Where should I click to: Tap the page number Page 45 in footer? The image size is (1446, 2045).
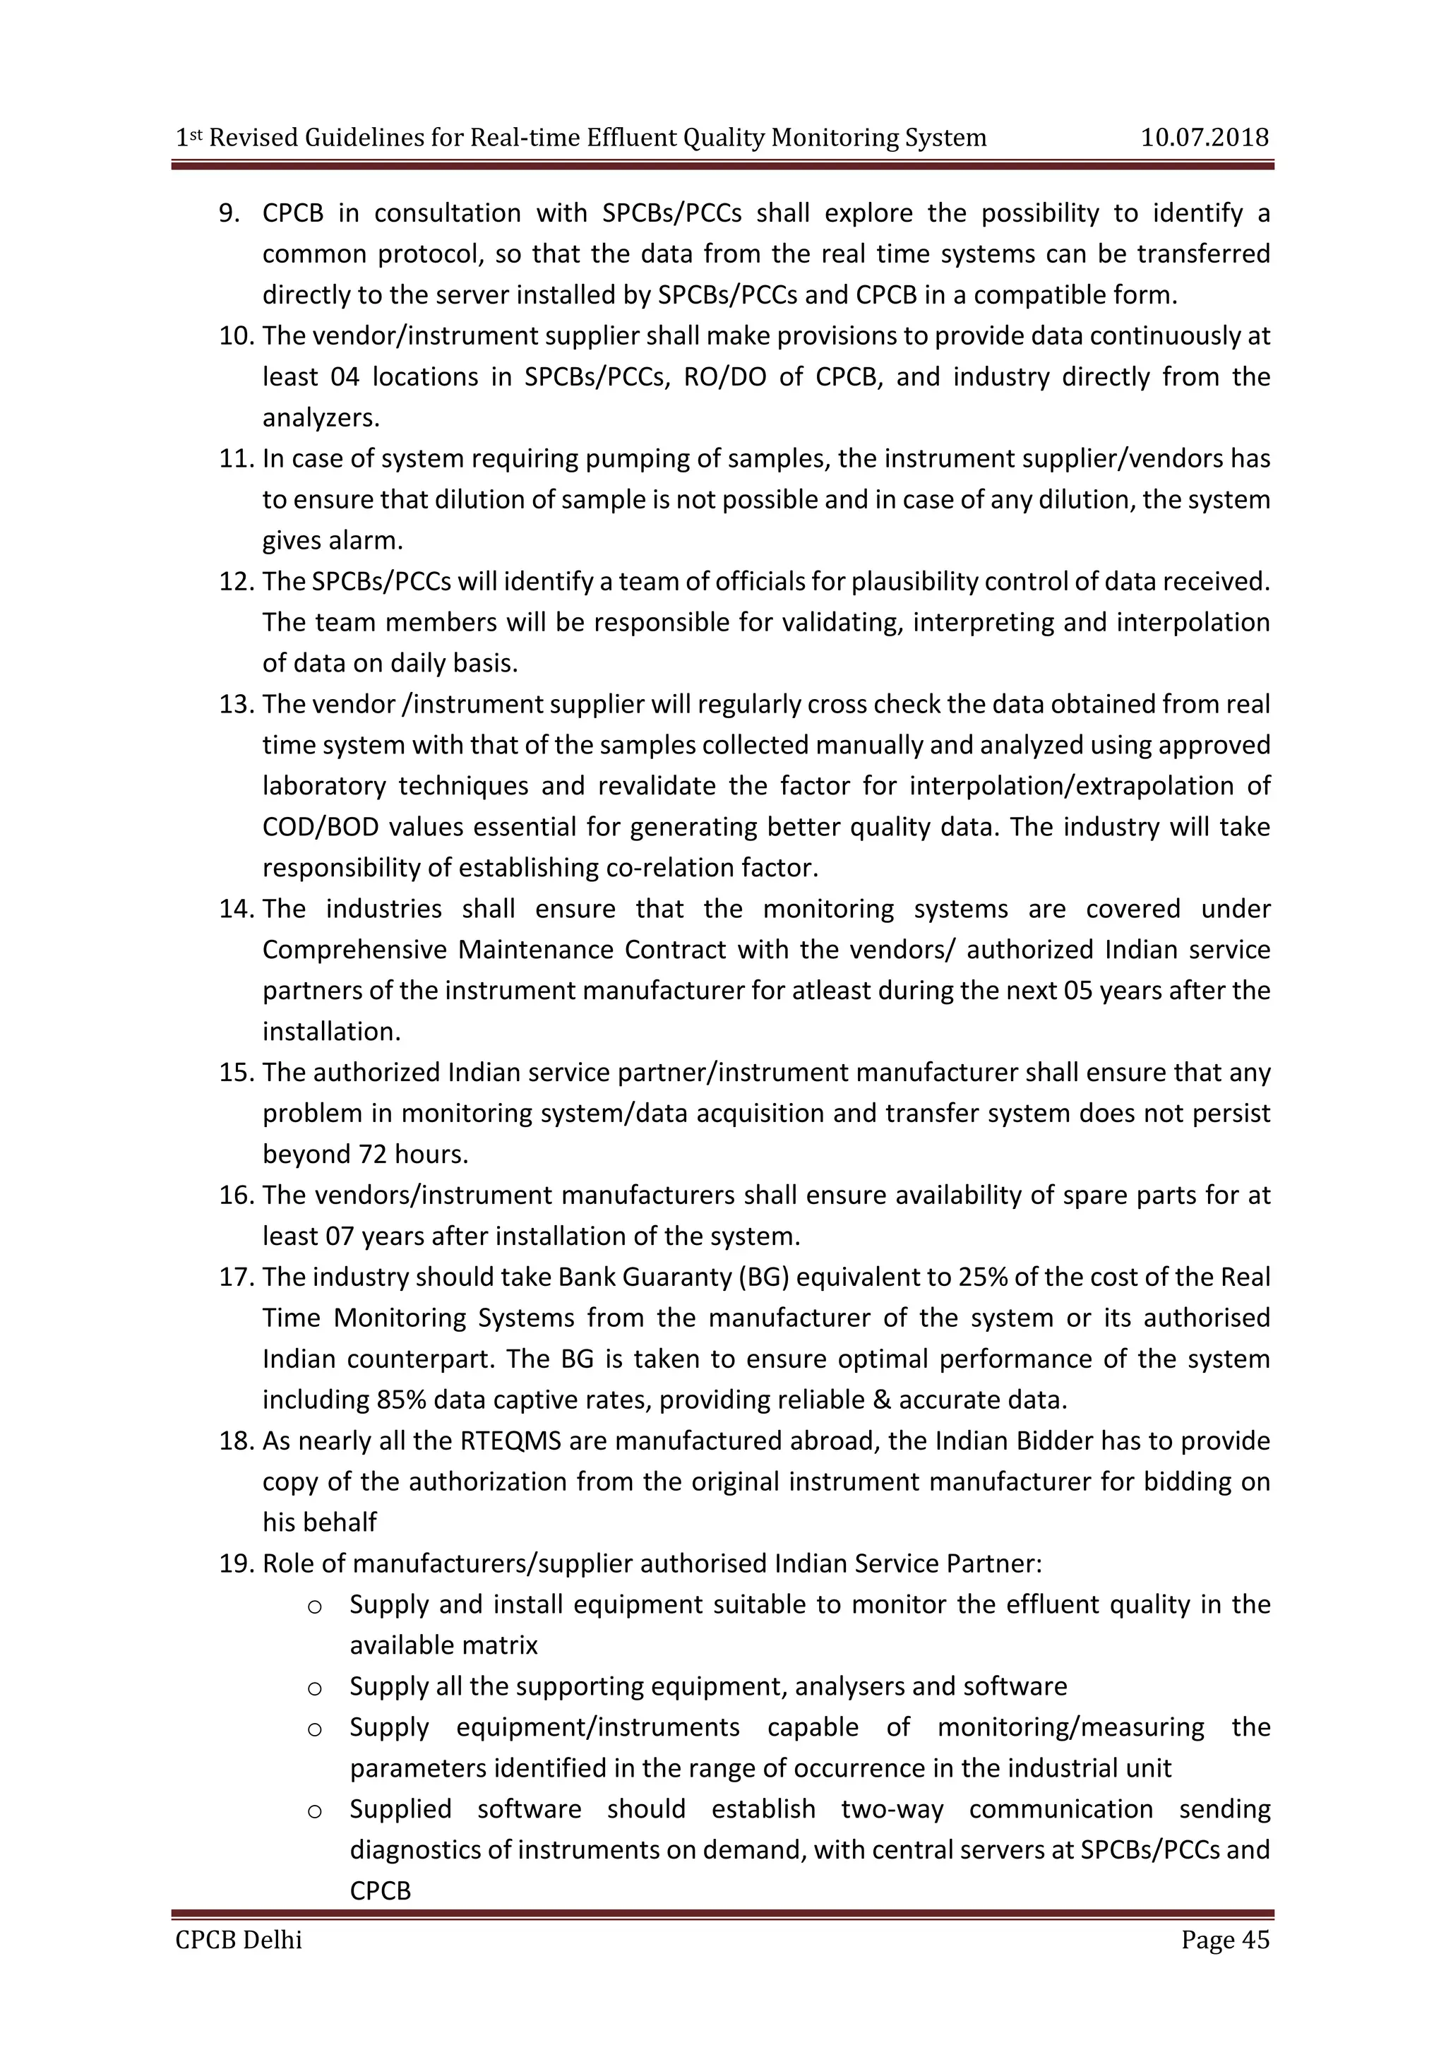click(1225, 1939)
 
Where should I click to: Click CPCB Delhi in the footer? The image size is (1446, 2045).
click(239, 1939)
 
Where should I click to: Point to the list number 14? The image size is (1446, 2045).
click(237, 910)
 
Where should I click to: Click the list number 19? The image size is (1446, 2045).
click(237, 1564)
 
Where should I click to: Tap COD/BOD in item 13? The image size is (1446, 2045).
click(321, 828)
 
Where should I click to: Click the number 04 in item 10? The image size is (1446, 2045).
click(344, 378)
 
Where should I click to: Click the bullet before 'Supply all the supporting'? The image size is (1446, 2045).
click(313, 1687)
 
